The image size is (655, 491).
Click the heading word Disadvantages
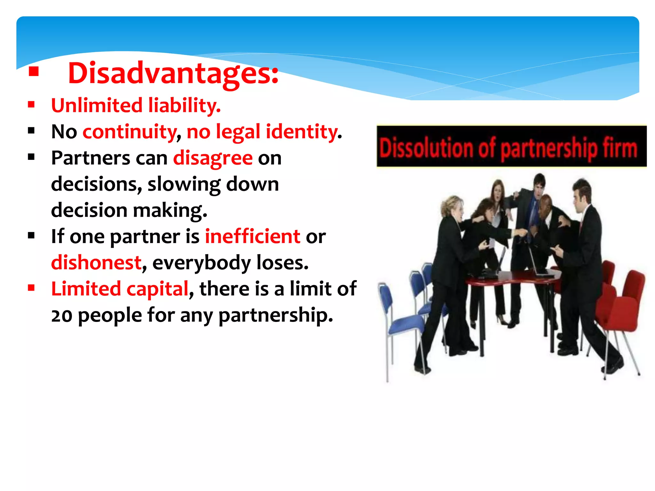tap(173, 74)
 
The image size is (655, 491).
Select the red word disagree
tap(213, 159)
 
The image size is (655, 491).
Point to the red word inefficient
tap(252, 237)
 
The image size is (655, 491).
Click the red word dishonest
tap(96, 263)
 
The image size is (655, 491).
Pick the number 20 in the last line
tap(62, 316)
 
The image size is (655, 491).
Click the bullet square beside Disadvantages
tap(34, 72)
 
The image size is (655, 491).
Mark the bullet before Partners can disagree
tap(31, 157)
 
